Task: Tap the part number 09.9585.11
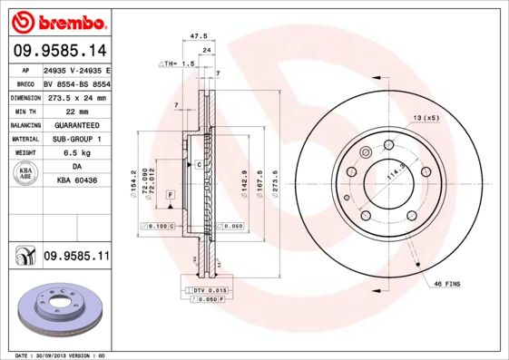point(76,258)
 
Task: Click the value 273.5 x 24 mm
point(76,96)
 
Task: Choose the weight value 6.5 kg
point(76,153)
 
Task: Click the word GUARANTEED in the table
point(76,124)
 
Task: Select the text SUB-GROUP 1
point(76,139)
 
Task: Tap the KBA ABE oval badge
point(25,174)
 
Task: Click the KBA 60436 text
point(76,181)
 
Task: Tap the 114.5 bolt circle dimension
point(396,171)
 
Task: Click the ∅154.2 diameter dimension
point(134,185)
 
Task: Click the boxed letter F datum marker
point(169,195)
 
